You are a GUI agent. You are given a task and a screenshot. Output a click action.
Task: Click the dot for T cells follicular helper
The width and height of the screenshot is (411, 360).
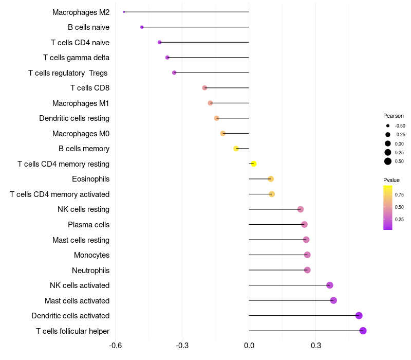363,331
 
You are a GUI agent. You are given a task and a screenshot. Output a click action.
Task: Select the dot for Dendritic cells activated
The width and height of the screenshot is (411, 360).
359,315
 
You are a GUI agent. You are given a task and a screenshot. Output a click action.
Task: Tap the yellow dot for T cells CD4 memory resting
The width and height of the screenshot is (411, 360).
253,164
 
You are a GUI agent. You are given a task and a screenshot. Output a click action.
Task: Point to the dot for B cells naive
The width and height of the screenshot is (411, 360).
142,27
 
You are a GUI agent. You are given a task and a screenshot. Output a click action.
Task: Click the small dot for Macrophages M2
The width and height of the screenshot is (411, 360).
124,12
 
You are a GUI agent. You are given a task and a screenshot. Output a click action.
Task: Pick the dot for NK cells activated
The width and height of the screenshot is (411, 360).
329,285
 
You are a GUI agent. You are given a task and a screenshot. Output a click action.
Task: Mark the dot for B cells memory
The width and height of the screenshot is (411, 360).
236,149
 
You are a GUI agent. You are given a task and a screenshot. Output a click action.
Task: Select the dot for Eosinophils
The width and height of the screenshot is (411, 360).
271,179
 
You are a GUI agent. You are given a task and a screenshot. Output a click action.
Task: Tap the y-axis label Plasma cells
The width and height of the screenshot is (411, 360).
88,225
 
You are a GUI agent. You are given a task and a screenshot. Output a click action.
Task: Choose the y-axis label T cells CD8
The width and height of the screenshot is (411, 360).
90,88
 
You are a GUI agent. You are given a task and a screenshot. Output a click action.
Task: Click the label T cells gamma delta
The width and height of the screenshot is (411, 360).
76,58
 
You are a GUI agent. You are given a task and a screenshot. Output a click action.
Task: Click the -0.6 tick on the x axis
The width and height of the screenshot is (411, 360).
116,345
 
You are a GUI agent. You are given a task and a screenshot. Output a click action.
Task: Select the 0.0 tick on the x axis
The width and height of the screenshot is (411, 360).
249,345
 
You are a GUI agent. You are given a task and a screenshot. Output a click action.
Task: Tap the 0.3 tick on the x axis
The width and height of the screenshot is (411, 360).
315,345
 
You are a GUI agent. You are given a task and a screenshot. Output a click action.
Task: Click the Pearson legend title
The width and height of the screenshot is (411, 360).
394,116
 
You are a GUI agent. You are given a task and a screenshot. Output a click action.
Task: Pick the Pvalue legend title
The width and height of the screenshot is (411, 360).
391,180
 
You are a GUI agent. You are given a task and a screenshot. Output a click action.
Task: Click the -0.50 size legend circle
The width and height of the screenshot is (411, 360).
388,125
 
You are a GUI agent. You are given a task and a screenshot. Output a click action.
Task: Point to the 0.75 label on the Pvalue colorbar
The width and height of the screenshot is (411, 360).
399,195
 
